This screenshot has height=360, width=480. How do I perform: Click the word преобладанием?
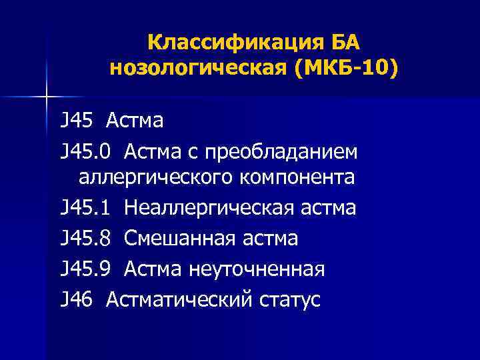(284, 153)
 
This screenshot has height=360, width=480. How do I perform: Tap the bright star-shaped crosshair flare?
(47, 97)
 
